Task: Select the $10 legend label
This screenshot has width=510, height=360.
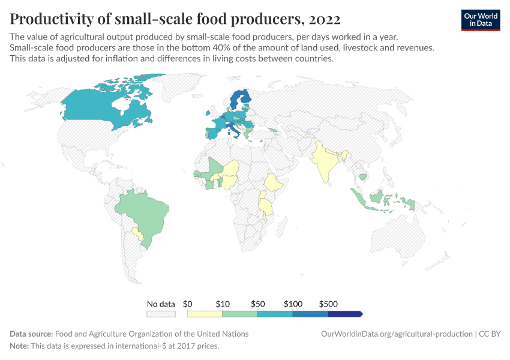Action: (x=223, y=304)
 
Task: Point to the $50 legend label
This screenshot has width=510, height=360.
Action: (x=257, y=304)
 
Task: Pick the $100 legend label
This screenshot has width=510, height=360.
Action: (x=293, y=304)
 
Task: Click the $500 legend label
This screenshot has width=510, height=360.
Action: (x=328, y=304)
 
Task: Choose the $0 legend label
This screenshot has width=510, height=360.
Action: (x=187, y=304)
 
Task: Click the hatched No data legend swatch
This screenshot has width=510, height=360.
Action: (x=161, y=314)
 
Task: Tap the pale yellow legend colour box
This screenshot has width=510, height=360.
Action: (x=205, y=314)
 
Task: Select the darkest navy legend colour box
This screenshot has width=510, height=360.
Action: (x=344, y=314)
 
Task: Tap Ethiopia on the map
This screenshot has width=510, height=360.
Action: (x=274, y=182)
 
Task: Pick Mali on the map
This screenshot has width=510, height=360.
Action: (x=215, y=165)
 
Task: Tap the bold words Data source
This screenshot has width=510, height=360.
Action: (x=31, y=334)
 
